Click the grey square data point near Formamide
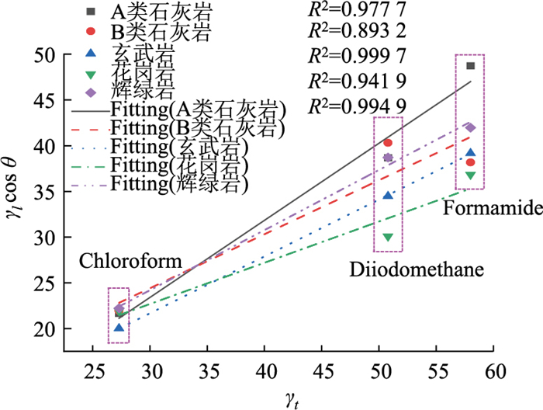(470, 66)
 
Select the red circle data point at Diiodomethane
(388, 143)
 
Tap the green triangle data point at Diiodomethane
(388, 237)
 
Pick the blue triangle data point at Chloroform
(119, 328)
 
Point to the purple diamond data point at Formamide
(470, 127)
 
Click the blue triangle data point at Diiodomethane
(388, 196)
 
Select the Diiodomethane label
(417, 269)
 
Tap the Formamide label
(482, 209)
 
